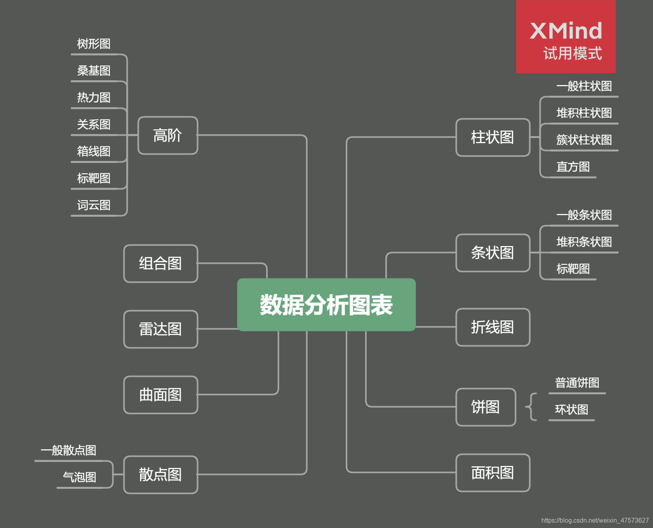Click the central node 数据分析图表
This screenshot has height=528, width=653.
(326, 305)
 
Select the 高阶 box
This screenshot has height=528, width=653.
(168, 135)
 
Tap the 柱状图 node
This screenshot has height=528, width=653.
(492, 137)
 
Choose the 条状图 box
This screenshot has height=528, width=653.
(492, 253)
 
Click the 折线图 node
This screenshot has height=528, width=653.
(492, 327)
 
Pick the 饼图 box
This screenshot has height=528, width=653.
(485, 407)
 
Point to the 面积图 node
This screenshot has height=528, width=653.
(492, 473)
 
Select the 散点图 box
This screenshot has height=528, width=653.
(161, 475)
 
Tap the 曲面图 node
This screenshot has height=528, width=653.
(161, 395)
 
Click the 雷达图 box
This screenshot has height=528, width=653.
(161, 329)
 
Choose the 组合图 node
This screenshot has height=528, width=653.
(161, 263)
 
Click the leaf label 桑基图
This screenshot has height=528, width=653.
(94, 71)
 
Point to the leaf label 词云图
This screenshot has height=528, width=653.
(94, 205)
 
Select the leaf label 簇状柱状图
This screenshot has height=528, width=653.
(584, 140)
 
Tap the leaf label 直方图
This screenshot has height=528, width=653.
(573, 167)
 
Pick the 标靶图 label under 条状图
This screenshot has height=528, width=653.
(573, 269)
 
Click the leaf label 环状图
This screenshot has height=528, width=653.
(572, 410)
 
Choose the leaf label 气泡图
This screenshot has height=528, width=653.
(80, 477)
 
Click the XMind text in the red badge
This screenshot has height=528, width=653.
(566, 31)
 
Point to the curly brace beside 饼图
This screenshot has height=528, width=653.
(531, 407)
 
